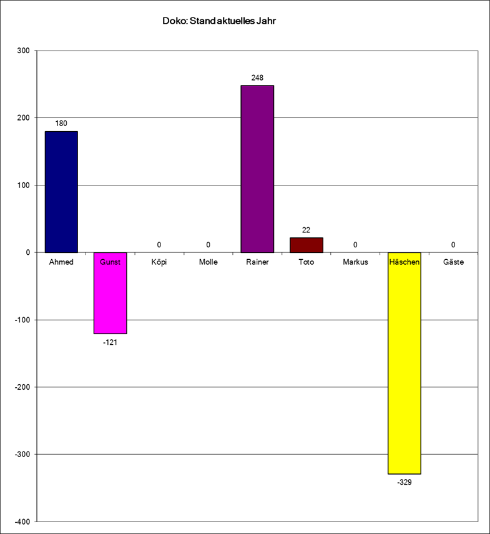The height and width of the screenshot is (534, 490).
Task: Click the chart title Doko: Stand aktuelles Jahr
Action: click(218, 21)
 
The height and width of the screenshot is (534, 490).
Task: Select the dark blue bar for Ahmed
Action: click(61, 192)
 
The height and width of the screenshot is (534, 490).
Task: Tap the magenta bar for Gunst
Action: click(110, 293)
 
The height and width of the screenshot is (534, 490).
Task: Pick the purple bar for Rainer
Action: click(257, 169)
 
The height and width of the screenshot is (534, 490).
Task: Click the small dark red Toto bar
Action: click(306, 245)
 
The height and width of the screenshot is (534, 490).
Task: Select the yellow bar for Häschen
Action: click(404, 363)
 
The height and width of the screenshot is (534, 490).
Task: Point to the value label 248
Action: click(257, 78)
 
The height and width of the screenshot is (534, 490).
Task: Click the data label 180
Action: click(61, 124)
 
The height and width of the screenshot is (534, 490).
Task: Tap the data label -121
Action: click(110, 342)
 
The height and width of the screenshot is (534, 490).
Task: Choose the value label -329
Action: click(404, 482)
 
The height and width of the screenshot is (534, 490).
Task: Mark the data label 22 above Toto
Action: click(306, 230)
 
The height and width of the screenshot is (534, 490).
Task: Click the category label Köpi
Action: click(159, 262)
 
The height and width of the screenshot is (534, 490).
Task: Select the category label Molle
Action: click(208, 262)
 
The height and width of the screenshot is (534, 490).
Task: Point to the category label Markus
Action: click(355, 262)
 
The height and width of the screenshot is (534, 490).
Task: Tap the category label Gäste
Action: click(453, 262)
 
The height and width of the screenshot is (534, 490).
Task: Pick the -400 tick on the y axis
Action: click(23, 522)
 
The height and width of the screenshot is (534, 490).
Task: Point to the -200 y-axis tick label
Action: click(23, 387)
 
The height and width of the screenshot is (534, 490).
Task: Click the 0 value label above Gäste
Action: click(453, 245)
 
